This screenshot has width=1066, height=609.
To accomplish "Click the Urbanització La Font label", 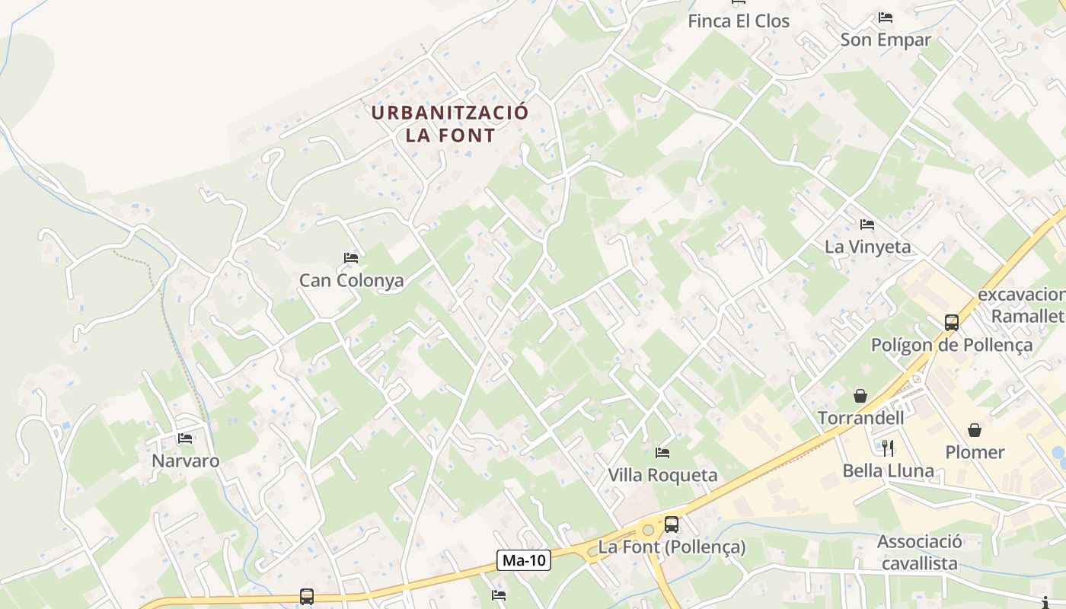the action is click(449, 124).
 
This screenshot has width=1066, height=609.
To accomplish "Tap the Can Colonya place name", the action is click(351, 280).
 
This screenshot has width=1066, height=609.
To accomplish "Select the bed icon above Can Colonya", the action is click(351, 258).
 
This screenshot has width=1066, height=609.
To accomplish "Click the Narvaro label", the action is click(185, 461).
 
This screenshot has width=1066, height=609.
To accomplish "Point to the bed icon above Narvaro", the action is click(185, 438).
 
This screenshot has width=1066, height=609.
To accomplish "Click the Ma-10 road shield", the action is click(525, 561).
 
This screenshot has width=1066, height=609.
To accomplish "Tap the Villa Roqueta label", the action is click(662, 475).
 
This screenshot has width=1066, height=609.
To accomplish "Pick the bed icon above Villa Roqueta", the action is click(662, 453).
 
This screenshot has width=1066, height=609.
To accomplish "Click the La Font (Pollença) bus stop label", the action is click(672, 547).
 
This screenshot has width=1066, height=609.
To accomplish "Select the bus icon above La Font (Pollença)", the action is click(671, 524).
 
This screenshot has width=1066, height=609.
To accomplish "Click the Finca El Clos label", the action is click(739, 21).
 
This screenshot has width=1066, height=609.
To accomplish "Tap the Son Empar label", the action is click(886, 40).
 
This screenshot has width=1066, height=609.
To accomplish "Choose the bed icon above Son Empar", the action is click(885, 18).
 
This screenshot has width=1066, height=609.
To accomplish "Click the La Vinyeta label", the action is click(867, 247).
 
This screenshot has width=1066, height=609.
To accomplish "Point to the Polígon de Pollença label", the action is click(952, 345).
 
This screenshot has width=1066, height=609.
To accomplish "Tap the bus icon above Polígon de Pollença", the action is click(952, 322).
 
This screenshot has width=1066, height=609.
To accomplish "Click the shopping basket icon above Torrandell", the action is click(860, 396).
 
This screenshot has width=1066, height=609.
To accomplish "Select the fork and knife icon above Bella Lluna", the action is click(888, 448).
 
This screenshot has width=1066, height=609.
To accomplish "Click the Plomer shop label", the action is click(975, 452).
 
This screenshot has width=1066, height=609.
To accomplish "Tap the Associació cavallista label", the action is click(919, 553).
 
